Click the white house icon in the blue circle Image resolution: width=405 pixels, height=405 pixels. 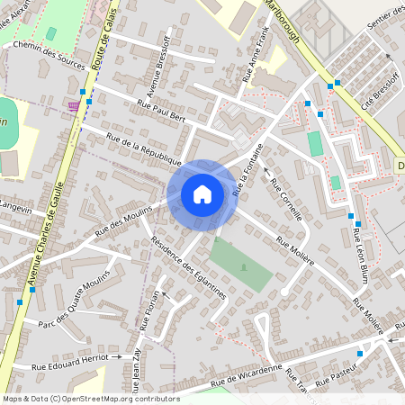pyautogui.click(x=202, y=193)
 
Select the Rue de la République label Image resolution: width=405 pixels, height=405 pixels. pyautogui.click(x=144, y=150)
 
